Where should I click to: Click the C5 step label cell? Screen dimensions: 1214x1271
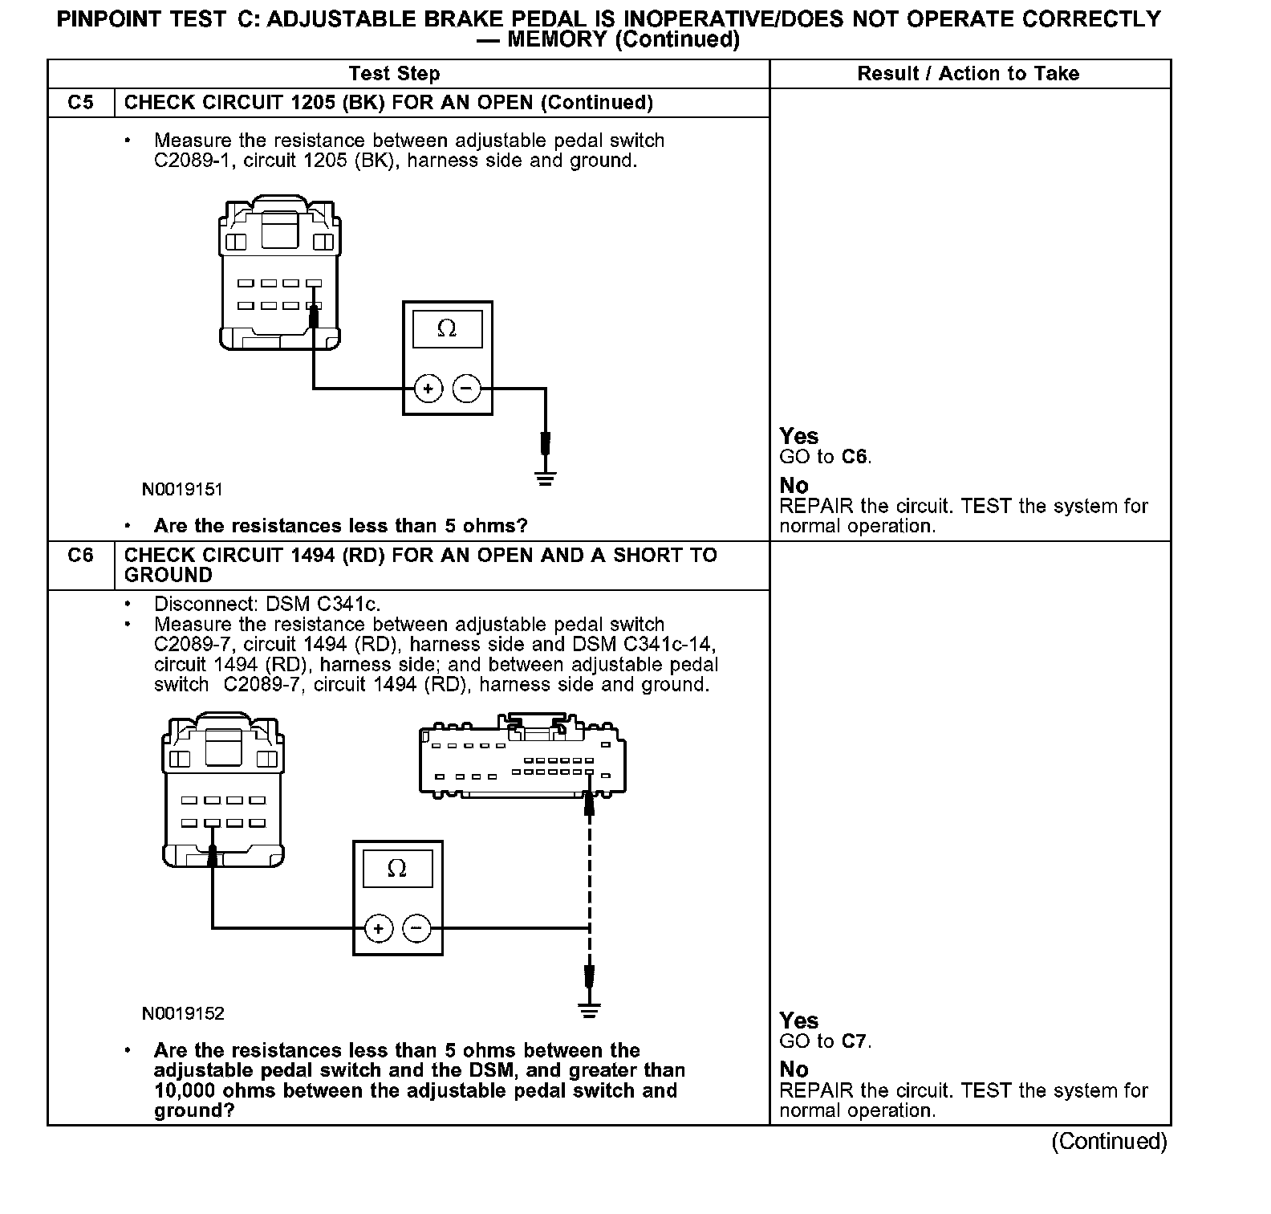point(80,103)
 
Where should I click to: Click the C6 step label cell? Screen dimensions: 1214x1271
point(80,556)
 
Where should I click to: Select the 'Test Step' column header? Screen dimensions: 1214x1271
point(395,74)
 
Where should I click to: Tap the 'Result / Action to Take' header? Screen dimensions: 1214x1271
point(968,74)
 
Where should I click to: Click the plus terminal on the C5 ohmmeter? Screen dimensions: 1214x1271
point(428,389)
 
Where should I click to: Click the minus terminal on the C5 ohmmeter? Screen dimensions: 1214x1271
point(466,389)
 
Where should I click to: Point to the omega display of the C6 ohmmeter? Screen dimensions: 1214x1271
point(397,869)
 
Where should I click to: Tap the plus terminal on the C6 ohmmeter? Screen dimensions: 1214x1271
point(379,929)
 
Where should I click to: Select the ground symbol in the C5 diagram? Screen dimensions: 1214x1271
point(546,479)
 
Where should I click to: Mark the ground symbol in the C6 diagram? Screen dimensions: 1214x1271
point(590,1011)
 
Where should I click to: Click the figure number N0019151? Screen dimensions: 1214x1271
point(182,489)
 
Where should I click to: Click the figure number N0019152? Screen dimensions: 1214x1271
point(183,1013)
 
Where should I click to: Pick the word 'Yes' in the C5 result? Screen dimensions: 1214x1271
point(799,436)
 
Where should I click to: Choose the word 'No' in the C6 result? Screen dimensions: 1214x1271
point(794,1069)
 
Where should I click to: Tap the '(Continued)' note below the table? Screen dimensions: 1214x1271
point(1109,1141)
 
